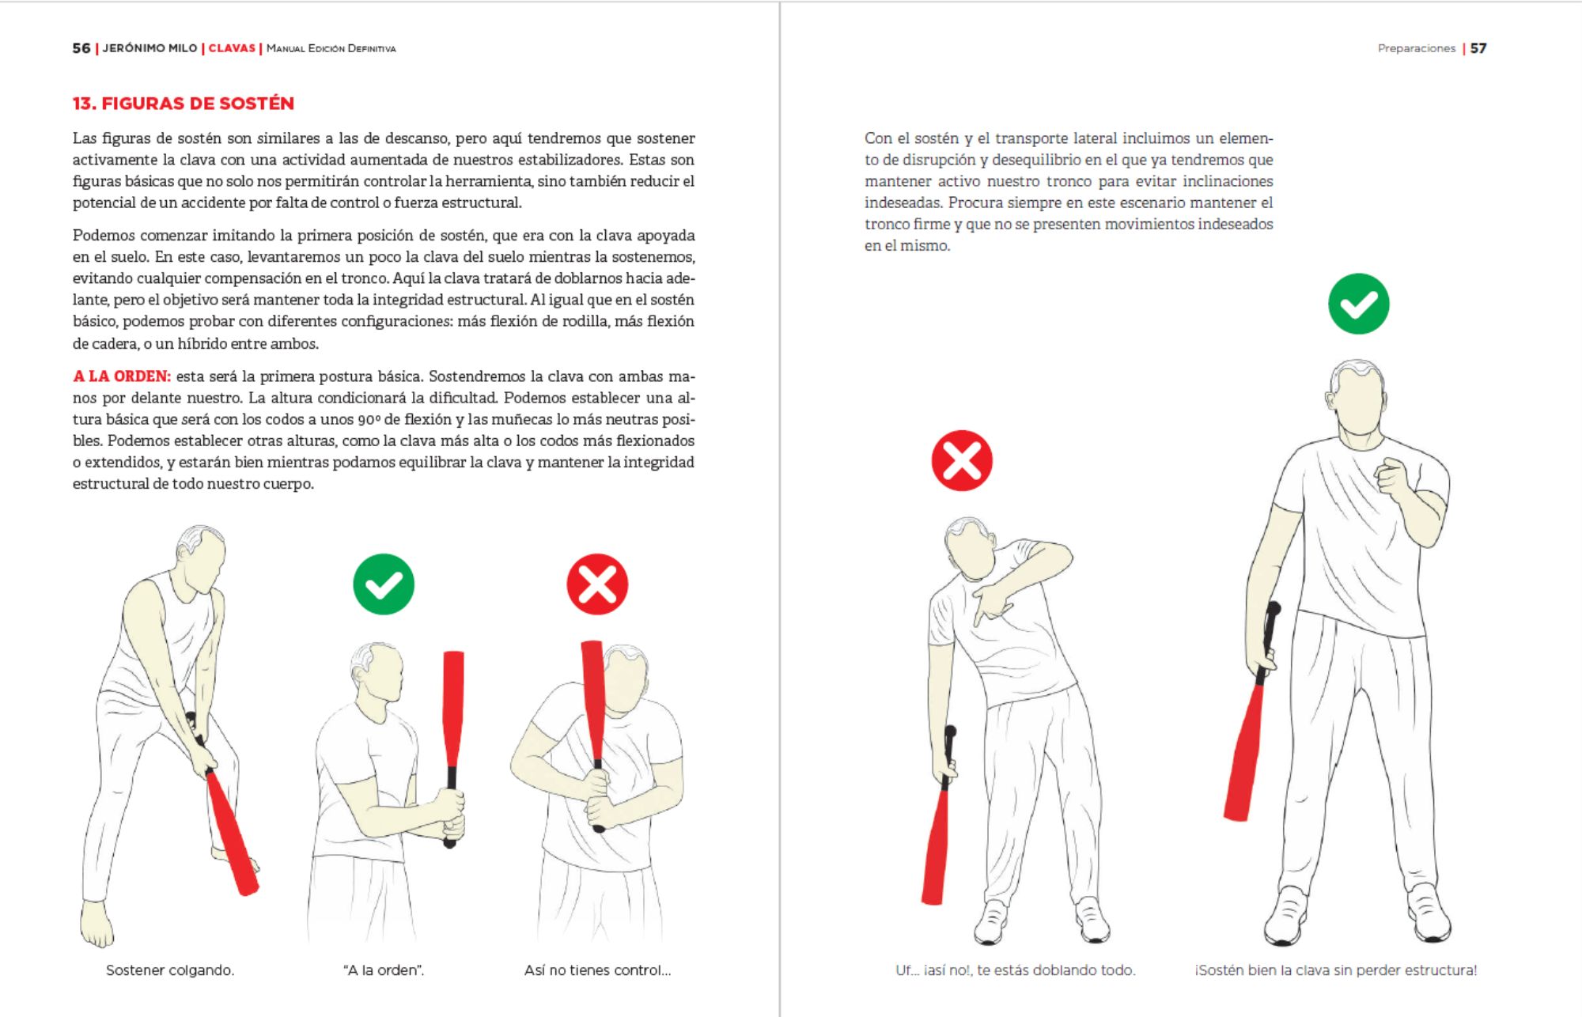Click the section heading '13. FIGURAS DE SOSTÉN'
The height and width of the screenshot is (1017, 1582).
[183, 104]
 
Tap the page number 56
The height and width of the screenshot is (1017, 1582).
[81, 48]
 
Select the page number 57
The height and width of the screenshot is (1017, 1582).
[1478, 48]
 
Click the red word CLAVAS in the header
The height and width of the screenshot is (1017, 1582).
[232, 48]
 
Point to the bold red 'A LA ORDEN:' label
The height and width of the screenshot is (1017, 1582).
[121, 376]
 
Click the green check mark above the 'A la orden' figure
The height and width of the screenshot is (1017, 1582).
[384, 584]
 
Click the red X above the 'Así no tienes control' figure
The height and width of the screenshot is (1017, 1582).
[597, 584]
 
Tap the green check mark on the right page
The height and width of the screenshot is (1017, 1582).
[1358, 304]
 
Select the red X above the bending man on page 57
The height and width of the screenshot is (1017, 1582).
[962, 460]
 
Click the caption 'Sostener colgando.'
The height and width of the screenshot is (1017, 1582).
[170, 970]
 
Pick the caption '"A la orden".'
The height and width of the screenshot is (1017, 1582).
[384, 970]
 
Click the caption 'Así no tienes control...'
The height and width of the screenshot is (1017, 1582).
[597, 970]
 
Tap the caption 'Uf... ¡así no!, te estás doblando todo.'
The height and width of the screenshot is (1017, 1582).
[1015, 970]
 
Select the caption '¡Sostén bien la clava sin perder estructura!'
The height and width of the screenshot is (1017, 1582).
[1335, 970]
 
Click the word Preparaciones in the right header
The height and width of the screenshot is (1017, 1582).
[1416, 48]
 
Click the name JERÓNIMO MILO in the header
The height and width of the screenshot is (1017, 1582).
[149, 48]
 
